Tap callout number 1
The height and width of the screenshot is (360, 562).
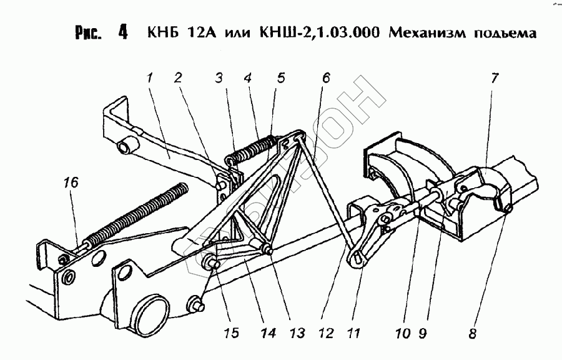point(150,78)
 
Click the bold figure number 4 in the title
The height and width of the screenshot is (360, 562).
point(122,32)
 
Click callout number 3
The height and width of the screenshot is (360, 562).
point(219,78)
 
